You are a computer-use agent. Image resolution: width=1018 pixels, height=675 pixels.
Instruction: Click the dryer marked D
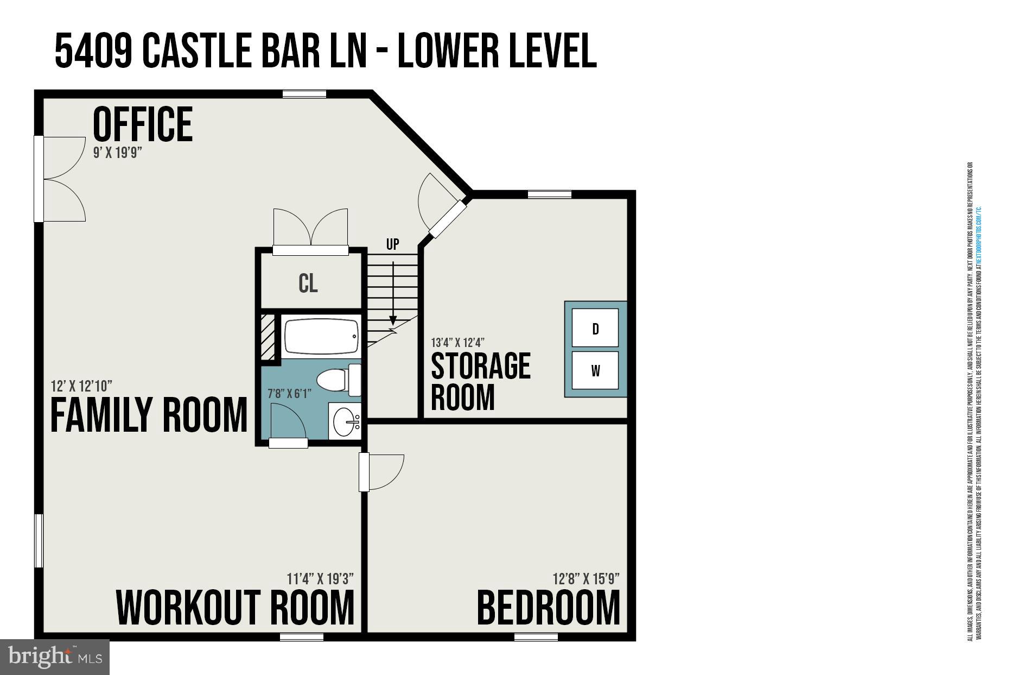[x=595, y=328]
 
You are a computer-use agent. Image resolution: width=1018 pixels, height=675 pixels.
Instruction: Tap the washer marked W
[x=595, y=371]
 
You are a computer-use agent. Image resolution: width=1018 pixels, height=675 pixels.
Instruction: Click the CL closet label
[x=308, y=283]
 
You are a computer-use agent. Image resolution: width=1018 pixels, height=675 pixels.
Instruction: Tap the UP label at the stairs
[x=393, y=244]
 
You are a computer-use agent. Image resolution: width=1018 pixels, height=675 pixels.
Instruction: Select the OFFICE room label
[x=143, y=124]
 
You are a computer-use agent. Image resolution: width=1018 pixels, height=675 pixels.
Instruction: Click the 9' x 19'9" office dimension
[x=117, y=153]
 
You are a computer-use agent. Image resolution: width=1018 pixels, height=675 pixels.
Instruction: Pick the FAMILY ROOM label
[x=149, y=415]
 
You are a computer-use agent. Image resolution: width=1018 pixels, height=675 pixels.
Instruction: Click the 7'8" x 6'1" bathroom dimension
[x=289, y=394]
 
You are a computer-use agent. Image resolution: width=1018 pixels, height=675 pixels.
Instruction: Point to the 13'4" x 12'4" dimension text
[x=457, y=343]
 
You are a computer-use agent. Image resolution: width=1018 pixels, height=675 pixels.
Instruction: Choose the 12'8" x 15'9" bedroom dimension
[x=586, y=579]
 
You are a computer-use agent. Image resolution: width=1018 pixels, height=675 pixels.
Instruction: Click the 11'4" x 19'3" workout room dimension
[x=320, y=579]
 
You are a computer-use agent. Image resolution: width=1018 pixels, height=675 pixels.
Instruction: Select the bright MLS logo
[x=55, y=657]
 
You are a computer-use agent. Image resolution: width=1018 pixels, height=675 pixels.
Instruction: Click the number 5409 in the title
[x=93, y=51]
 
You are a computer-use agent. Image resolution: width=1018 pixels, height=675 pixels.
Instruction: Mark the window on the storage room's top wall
[x=549, y=194]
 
